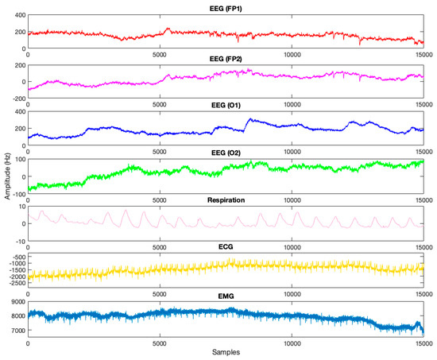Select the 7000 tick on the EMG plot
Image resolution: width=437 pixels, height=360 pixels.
(x=17, y=329)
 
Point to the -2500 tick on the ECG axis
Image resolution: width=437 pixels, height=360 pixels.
(x=15, y=282)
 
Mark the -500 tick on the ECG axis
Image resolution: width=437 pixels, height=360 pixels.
(x=17, y=257)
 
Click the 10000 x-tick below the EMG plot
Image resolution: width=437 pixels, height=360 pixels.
(x=292, y=344)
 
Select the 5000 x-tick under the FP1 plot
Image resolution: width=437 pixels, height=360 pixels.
(x=160, y=53)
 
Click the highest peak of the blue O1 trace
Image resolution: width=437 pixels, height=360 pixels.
(x=249, y=120)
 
